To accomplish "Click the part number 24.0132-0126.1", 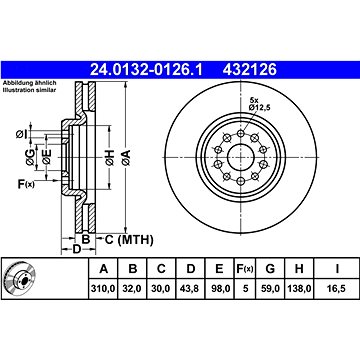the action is pyautogui.click(x=146, y=70).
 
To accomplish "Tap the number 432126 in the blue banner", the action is pyautogui.click(x=250, y=70).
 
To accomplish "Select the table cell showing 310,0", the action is pyautogui.click(x=103, y=288).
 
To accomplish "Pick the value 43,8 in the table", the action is pyautogui.click(x=190, y=288).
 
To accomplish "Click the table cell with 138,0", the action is pyautogui.click(x=299, y=288).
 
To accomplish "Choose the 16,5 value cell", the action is pyautogui.click(x=337, y=288).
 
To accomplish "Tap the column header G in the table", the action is pyautogui.click(x=270, y=268).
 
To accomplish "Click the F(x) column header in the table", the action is pyautogui.click(x=245, y=268).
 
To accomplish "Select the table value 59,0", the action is pyautogui.click(x=270, y=288).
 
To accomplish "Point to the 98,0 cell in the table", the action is pyautogui.click(x=219, y=288).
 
